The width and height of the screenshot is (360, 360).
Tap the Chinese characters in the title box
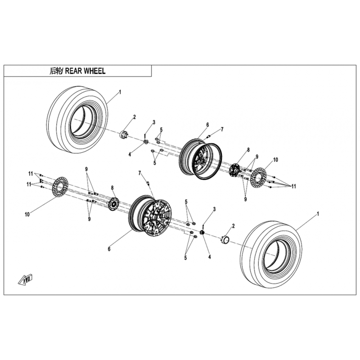[x=55, y=71]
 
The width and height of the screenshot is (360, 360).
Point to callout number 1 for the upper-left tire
[x=120, y=92]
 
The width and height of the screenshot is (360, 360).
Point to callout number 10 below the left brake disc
[x=27, y=215]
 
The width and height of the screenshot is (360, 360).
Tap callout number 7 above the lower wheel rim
[x=140, y=173]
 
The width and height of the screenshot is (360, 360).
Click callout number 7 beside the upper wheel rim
[x=221, y=130]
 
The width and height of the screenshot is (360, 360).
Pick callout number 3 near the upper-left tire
[x=153, y=122]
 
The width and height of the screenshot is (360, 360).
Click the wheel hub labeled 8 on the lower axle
[x=114, y=204]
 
